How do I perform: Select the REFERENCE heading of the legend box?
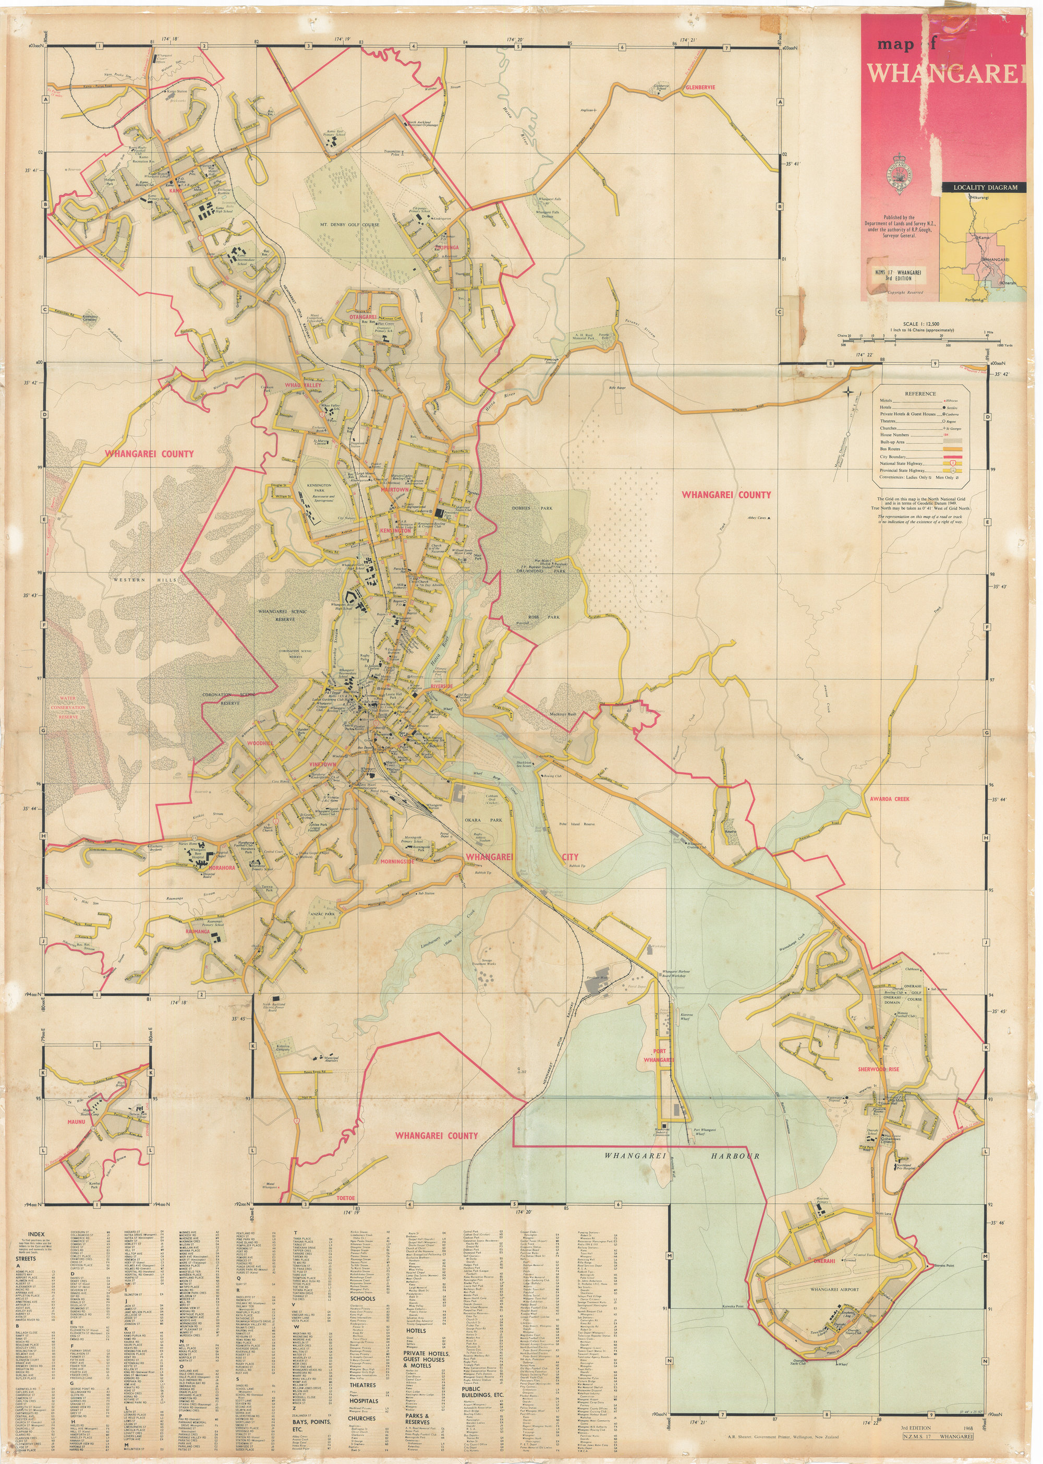click(920, 394)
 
